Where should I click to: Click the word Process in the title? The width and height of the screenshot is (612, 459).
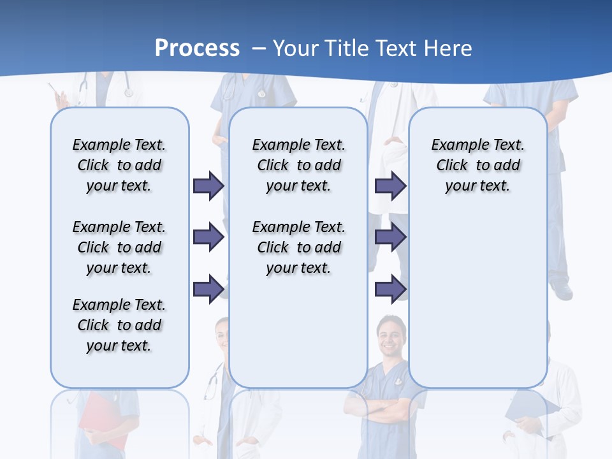coord(197,48)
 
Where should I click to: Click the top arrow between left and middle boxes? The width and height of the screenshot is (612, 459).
coord(208,186)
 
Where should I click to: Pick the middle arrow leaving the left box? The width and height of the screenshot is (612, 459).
coord(208,238)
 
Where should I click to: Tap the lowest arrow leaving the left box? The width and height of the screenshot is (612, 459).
coord(208,289)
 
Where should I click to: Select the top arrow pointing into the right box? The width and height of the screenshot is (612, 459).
coord(390,186)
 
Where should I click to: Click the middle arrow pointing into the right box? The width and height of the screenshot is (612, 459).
coord(390,238)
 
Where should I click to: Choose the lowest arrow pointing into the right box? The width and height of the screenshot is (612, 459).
coord(390,289)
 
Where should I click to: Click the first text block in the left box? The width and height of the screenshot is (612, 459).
coord(119,165)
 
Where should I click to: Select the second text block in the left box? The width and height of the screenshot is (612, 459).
coord(119,247)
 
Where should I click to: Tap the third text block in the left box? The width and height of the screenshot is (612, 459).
coord(119,325)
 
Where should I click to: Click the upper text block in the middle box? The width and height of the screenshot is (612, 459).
coord(298,165)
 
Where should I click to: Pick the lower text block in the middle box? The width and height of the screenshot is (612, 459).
coord(298,247)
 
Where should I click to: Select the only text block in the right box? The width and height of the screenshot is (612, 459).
coord(477,165)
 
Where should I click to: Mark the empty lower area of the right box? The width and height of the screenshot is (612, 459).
coord(477,300)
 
